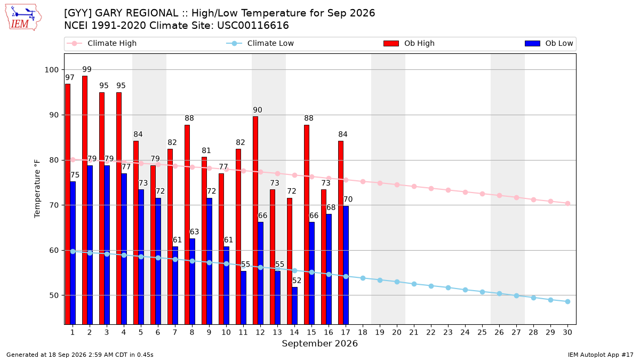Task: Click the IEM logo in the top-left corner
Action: [23, 18]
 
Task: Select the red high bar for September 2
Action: [85, 200]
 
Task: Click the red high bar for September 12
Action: [255, 220]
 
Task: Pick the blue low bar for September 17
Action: [346, 265]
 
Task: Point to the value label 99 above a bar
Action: [87, 69]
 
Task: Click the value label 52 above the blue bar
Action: [297, 281]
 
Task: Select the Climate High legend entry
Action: [101, 43]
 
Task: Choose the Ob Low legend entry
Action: [549, 43]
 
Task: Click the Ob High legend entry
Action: [409, 43]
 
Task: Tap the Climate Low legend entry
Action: [260, 43]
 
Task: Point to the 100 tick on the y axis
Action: [51, 70]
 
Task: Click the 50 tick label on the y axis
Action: [54, 295]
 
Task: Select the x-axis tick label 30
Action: [567, 332]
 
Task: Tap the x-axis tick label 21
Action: [414, 332]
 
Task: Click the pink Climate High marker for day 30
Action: [567, 203]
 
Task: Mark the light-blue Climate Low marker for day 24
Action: [465, 290]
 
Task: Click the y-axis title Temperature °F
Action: [37, 189]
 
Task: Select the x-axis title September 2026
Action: [319, 343]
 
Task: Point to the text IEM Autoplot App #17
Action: [601, 355]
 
